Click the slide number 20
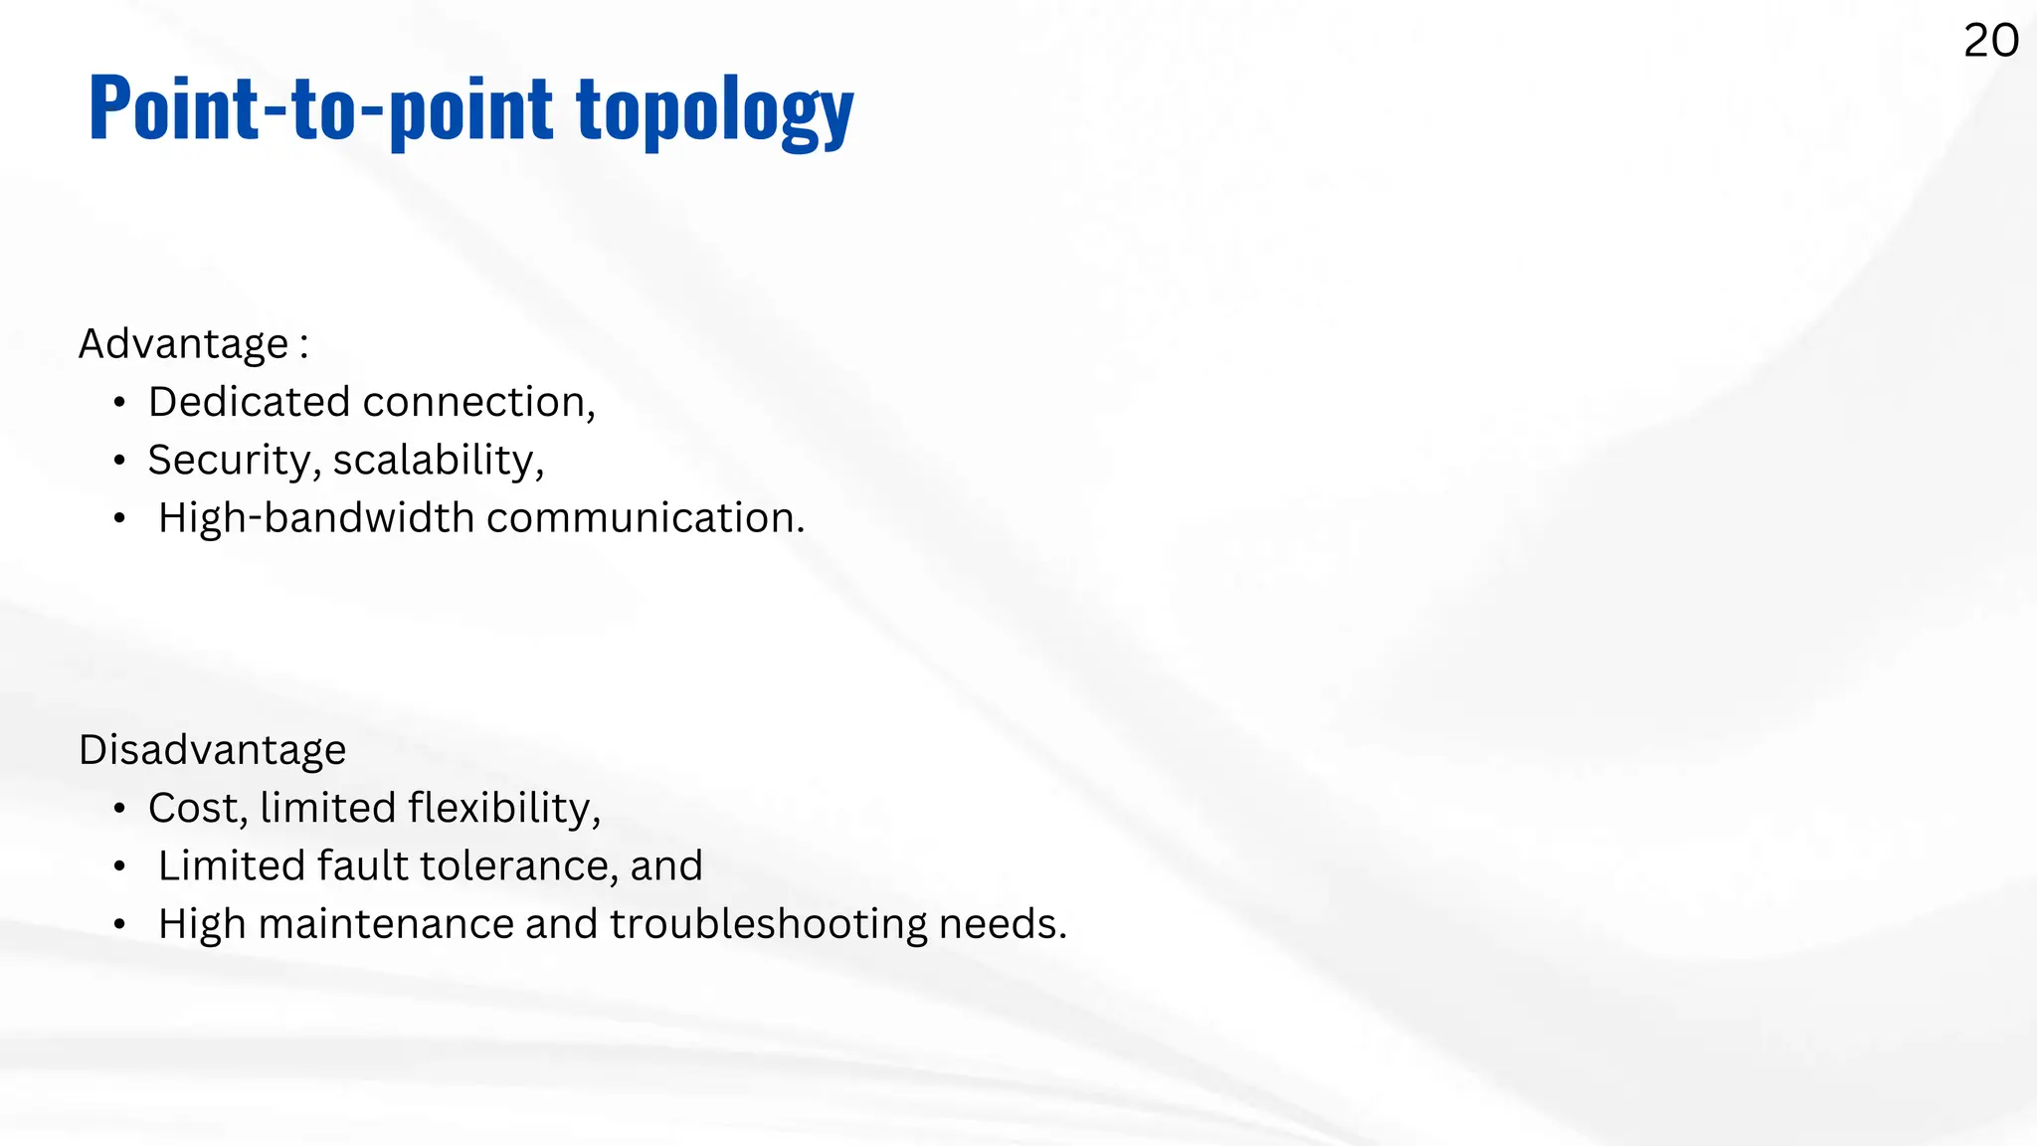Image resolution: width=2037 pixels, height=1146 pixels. point(1990,41)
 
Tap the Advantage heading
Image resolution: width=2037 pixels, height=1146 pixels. point(184,344)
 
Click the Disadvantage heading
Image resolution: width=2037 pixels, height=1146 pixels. point(213,750)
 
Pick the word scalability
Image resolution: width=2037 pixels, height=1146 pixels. point(438,461)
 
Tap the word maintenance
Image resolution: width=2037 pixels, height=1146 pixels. point(385,924)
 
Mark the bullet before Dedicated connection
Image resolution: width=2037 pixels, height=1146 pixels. point(119,403)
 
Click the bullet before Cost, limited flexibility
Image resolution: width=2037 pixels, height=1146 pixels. point(119,809)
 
